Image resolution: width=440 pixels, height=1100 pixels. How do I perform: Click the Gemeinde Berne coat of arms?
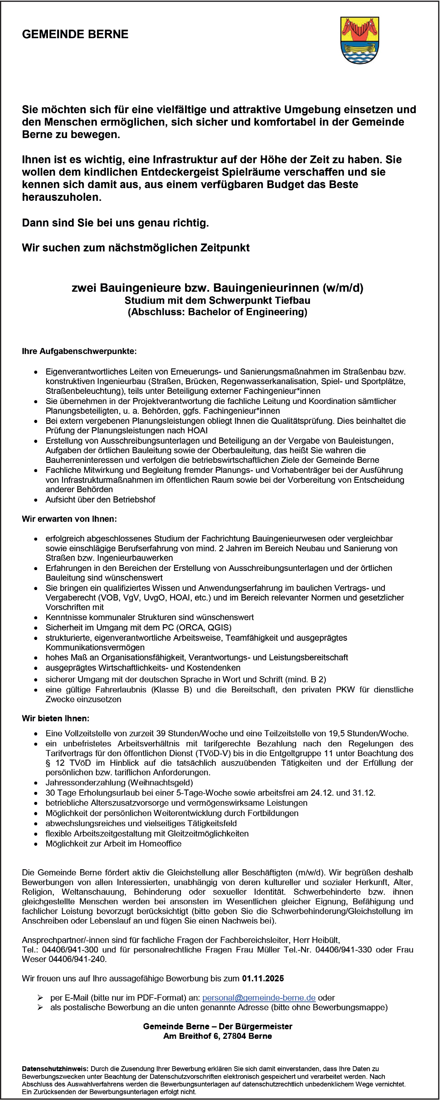(359, 40)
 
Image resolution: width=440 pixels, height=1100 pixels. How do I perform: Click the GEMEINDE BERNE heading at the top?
(75, 34)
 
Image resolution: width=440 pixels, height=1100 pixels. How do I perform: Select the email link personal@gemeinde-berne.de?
(259, 998)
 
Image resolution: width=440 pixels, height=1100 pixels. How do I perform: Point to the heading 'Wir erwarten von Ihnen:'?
(69, 519)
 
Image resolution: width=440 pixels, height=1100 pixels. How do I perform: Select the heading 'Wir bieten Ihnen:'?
(55, 718)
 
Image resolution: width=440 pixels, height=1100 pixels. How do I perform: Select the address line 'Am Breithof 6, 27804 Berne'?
(218, 1036)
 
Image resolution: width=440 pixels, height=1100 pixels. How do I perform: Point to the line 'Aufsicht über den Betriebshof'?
(100, 500)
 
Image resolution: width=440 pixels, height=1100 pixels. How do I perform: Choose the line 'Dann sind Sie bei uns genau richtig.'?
(115, 222)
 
